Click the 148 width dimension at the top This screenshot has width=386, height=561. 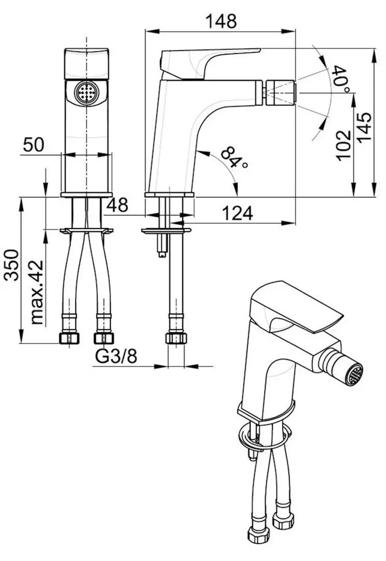221,21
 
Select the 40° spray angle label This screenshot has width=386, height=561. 341,79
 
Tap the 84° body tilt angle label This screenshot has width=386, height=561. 234,157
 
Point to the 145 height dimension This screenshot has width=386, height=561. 365,128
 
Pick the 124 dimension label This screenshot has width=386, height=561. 237,213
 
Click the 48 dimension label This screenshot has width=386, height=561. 117,205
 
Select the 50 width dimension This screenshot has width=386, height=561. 34,144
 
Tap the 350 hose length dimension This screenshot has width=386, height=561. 11,265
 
